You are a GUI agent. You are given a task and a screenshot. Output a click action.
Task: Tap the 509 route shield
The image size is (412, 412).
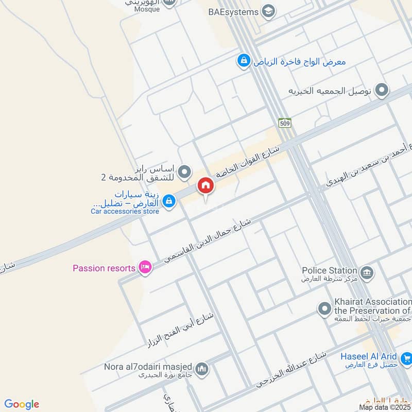click(x=285, y=123)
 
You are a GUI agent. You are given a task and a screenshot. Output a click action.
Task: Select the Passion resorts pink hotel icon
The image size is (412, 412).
click(x=145, y=267)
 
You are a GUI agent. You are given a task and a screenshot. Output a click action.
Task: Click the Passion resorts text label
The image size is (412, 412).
click(x=104, y=268)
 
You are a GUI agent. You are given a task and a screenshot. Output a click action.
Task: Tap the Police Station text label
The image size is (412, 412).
click(x=329, y=270)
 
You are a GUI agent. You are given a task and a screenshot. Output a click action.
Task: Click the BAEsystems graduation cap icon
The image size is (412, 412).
click(x=268, y=10)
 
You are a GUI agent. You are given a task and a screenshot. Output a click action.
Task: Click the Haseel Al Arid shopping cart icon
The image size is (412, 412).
click(x=406, y=357)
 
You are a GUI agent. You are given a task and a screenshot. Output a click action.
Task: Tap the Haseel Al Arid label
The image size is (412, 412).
click(x=369, y=356)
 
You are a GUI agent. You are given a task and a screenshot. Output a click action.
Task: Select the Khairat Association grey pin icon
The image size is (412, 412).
click(x=324, y=309)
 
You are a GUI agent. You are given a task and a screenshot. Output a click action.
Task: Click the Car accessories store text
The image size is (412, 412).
click(x=125, y=211)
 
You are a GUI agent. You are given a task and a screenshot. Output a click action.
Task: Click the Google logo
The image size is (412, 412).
click(x=22, y=404)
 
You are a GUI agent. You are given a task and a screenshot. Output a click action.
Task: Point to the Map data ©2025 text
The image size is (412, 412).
click(x=385, y=407)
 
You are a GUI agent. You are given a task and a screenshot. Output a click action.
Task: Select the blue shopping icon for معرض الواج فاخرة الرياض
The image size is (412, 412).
click(x=243, y=61)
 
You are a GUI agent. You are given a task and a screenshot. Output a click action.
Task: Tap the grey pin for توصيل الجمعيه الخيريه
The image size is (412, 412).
click(x=381, y=91)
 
